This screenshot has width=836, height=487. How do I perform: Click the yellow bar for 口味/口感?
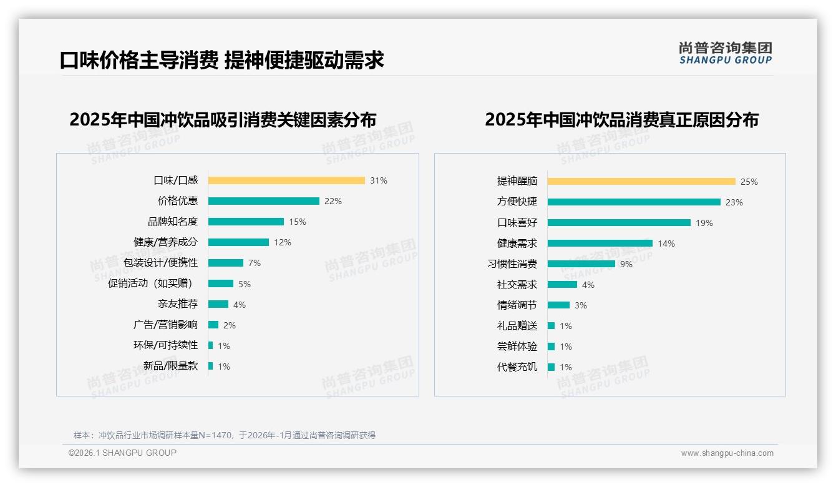pos(286,180)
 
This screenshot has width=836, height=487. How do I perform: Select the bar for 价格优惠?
pos(263,201)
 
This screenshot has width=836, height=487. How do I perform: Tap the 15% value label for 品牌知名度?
pos(298,222)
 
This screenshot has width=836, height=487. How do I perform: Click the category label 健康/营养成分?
pos(165,242)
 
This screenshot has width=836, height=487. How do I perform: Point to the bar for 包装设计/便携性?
pos(225,263)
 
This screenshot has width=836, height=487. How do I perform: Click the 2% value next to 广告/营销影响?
pos(230,325)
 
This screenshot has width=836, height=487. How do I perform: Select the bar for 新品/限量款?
pos(210,366)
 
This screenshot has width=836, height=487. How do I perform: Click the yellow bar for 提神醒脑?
pos(641,182)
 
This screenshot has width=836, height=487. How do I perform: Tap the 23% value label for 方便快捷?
pos(734,202)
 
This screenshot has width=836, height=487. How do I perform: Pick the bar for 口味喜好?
pos(619,223)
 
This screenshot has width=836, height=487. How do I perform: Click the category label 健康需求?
pos(517,243)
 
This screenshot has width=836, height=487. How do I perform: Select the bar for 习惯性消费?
pos(581,264)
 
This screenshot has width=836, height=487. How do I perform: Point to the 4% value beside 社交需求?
pos(588,285)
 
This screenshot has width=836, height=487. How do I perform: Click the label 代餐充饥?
pos(517,367)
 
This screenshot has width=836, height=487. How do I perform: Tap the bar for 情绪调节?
pos(558,305)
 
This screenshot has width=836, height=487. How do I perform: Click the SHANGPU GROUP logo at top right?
pos(726,53)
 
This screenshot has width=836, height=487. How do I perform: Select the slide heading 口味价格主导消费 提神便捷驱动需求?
pos(221,60)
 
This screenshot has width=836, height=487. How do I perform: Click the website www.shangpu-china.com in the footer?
pos(727,453)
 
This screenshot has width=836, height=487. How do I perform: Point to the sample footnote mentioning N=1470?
pos(225,435)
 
